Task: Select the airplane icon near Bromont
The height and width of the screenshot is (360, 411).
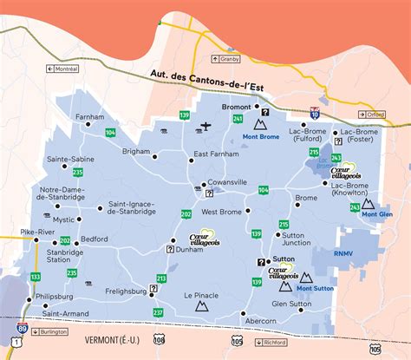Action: coord(205,126)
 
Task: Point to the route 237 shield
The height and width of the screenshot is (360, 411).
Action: coord(157,311)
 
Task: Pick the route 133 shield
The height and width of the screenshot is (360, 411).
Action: coord(36,276)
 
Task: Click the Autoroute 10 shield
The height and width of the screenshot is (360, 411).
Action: coord(314,112)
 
